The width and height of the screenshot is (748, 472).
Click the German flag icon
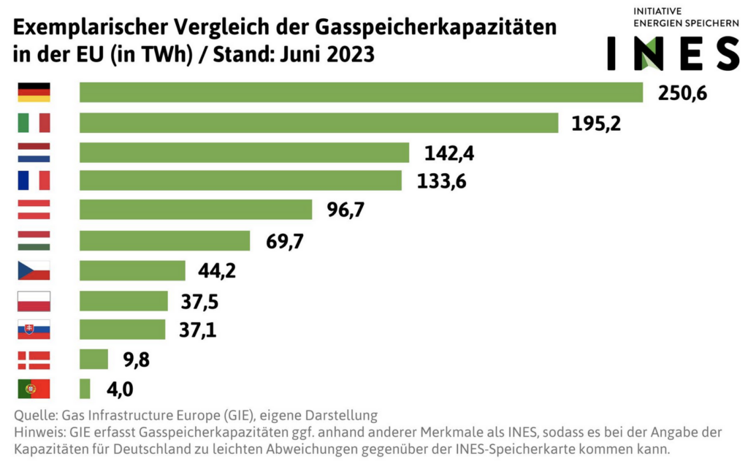point(34,93)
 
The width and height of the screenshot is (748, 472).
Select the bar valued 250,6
point(361,93)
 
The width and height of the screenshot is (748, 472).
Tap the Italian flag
point(34,123)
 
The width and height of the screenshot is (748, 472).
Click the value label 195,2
point(596,123)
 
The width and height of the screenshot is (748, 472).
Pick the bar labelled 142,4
point(244,153)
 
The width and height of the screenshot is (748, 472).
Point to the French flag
point(34,180)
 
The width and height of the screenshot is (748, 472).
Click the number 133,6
point(441,182)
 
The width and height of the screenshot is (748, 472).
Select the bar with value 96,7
point(196,210)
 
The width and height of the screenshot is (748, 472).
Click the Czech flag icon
point(34,270)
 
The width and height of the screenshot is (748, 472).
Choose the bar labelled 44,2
point(132,270)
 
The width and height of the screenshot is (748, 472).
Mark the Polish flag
point(34,301)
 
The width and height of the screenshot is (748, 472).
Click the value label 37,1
point(197,330)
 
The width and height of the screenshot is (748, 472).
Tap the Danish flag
point(34,359)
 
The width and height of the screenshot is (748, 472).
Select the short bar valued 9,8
point(93,359)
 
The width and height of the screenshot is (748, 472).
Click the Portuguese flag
point(34,389)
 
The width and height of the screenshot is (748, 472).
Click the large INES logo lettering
point(673,53)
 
